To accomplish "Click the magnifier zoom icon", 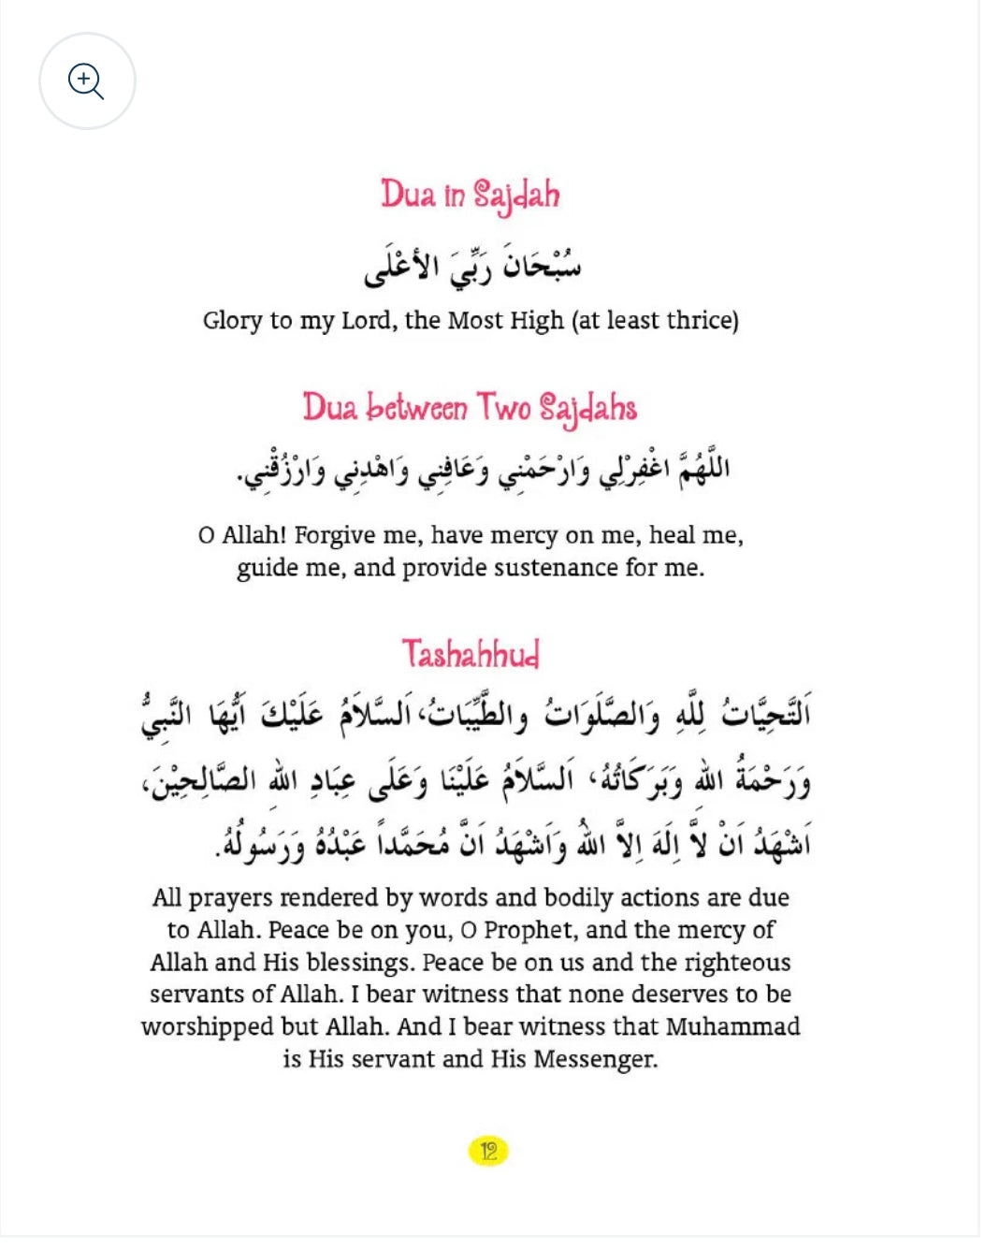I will click(86, 80).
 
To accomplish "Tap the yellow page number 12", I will click(488, 1151).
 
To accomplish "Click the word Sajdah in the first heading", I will click(516, 196).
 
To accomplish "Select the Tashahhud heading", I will click(471, 654).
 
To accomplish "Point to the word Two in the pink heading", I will click(504, 408).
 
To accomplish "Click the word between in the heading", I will click(416, 409).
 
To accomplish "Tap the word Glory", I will click(232, 321).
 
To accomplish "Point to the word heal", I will click(672, 535).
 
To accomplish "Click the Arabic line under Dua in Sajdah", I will click(472, 265).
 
